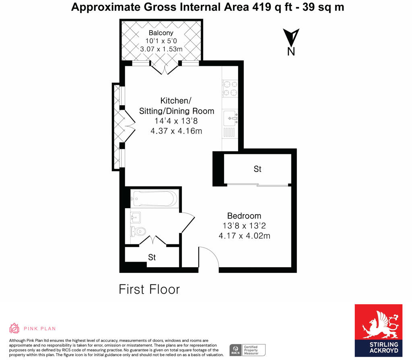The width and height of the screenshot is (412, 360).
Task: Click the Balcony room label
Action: tap(161, 33)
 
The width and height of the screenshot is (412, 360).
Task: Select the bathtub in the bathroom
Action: tap(154, 199)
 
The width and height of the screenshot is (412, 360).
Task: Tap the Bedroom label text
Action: tap(244, 216)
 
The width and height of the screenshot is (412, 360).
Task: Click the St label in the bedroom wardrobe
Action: tap(257, 169)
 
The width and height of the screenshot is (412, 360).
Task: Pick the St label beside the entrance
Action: tap(152, 257)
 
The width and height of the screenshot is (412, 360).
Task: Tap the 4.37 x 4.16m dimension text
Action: tap(176, 131)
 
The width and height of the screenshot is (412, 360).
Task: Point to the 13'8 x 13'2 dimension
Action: tap(244, 226)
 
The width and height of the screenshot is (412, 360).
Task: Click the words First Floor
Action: tap(149, 289)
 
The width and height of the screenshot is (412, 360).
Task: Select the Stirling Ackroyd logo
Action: tap(378, 330)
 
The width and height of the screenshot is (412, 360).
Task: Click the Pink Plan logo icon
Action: tap(14, 328)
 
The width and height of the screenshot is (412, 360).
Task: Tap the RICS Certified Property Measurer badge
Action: tap(247, 350)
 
